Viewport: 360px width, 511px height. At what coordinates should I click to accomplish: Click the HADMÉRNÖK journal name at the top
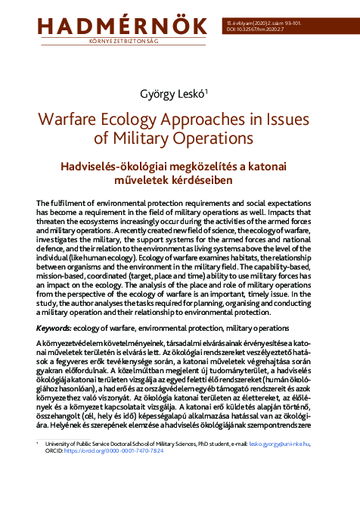[111, 22]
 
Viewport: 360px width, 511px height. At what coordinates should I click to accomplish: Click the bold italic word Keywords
[56, 327]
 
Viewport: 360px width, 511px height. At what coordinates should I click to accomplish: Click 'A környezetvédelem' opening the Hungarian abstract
[70, 344]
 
